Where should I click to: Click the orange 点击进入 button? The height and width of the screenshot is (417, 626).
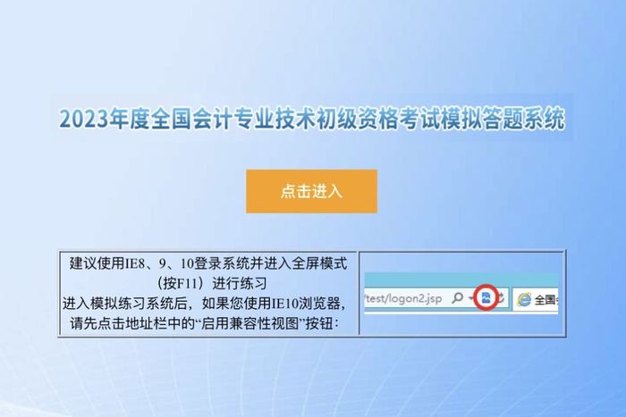[x=311, y=191]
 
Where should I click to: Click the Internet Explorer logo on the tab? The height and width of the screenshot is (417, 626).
[x=525, y=299]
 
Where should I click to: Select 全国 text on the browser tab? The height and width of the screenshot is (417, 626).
[x=546, y=299]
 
